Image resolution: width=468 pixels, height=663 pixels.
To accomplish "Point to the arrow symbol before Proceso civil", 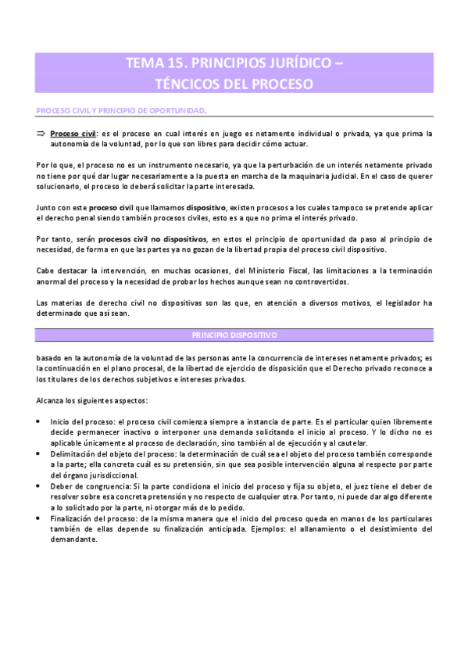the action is coord(42,134).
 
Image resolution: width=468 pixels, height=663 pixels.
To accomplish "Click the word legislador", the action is coord(398,303).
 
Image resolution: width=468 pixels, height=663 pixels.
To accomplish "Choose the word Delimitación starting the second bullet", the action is coord(74,454).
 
